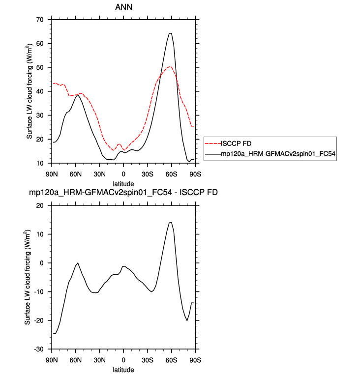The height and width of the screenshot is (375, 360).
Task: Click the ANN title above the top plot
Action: pos(123,7)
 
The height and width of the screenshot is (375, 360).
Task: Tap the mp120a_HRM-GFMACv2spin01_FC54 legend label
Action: pos(278,153)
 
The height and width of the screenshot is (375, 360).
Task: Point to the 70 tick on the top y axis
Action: pos(40,20)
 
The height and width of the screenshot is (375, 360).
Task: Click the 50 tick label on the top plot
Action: pos(40,67)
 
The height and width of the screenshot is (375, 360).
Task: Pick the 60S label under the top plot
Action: pos(171,174)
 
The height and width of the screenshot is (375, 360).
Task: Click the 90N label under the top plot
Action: pos(52,174)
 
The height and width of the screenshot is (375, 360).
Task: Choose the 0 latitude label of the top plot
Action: pos(123,174)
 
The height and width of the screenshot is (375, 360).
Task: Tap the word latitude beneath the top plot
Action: pos(123,184)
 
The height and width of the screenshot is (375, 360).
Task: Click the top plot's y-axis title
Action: pos(29,91)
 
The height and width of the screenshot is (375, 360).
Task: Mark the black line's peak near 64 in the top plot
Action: pos(170,33)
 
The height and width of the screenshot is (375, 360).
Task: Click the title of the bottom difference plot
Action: pos(123,192)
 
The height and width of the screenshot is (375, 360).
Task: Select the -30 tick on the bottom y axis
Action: pos(39,349)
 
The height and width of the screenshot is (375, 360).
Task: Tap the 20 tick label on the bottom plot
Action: pos(40,205)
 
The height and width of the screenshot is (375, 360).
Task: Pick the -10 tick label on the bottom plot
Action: pos(39,292)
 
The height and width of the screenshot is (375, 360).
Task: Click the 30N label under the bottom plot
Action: pos(99,360)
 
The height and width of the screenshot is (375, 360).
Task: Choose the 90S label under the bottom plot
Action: pos(195,360)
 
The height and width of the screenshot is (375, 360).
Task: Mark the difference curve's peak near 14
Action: pos(170,223)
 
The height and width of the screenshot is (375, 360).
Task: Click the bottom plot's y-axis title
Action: pos(27,277)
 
